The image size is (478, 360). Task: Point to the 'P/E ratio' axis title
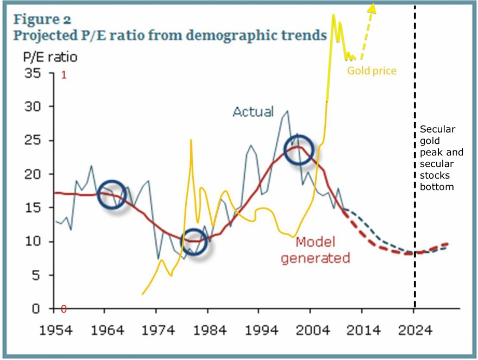tap(50, 57)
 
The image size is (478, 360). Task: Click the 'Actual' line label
tap(253, 111)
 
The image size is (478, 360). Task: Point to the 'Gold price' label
tap(372, 71)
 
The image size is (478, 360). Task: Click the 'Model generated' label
tap(315, 250)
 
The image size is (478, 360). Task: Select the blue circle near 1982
tap(194, 242)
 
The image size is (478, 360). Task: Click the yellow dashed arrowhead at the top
tap(373, 7)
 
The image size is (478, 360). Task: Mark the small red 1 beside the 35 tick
tap(64, 75)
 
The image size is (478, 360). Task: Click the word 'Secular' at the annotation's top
tap(438, 129)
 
